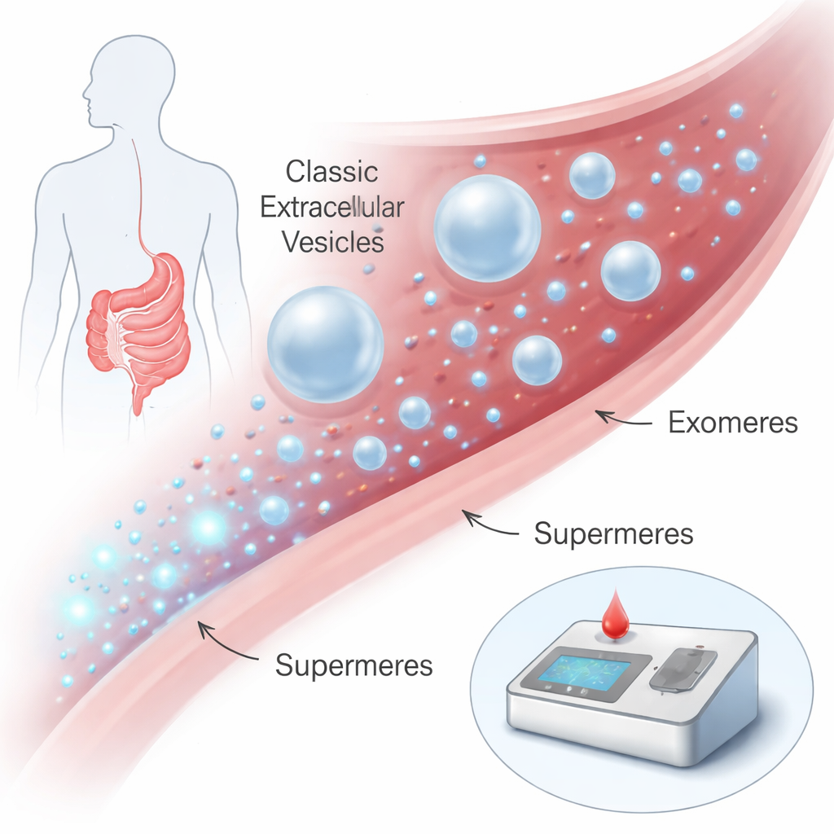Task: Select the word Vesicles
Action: point(333,242)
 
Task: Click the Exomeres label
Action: point(732,424)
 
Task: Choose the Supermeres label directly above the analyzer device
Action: point(613,533)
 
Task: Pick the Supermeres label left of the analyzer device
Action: point(353,665)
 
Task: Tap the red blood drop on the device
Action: point(615,616)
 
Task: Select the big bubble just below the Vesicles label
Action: point(325,343)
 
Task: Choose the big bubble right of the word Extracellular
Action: point(487,228)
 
